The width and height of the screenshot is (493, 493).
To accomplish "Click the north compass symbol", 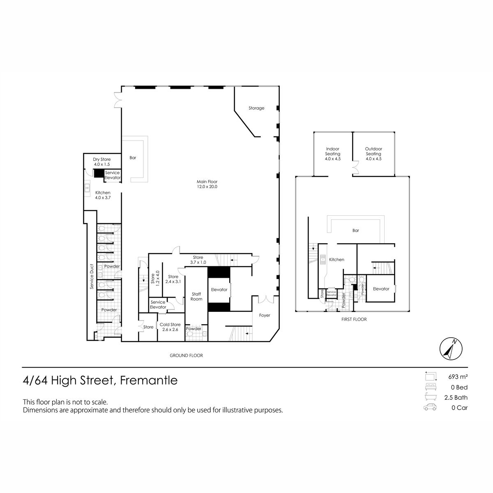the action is click(x=451, y=349).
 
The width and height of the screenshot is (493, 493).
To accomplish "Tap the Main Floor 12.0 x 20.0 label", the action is click(x=207, y=184).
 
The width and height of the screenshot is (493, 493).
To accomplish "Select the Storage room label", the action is click(x=256, y=108).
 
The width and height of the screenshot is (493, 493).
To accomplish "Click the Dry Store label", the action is click(x=102, y=162).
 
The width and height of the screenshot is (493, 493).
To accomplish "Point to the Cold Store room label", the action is click(x=170, y=327).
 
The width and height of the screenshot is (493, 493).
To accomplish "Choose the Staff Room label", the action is click(x=196, y=297).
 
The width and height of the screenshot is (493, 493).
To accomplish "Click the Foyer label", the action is click(x=265, y=315).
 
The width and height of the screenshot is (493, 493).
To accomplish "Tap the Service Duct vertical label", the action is click(x=92, y=276).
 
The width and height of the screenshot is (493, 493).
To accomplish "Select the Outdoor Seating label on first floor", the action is click(x=373, y=154).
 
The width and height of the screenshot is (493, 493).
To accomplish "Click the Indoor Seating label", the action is click(x=333, y=154).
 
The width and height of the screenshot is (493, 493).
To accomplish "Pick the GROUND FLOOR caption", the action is click(x=186, y=355).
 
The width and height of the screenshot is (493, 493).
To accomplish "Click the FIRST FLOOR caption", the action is click(x=354, y=319).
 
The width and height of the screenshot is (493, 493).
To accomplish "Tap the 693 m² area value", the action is click(x=458, y=377).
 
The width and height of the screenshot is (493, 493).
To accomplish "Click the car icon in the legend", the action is click(x=430, y=407).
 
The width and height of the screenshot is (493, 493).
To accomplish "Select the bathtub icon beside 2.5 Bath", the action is click(x=431, y=397).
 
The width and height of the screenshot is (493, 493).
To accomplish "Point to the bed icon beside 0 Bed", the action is click(x=431, y=387).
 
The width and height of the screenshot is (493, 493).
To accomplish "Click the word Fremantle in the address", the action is click(x=149, y=380).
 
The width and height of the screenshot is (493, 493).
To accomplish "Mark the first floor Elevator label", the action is click(x=381, y=289).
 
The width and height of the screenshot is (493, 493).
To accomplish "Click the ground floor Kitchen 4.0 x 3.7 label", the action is click(x=103, y=195).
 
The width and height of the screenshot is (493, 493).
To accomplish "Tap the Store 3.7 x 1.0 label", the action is click(x=198, y=260).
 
